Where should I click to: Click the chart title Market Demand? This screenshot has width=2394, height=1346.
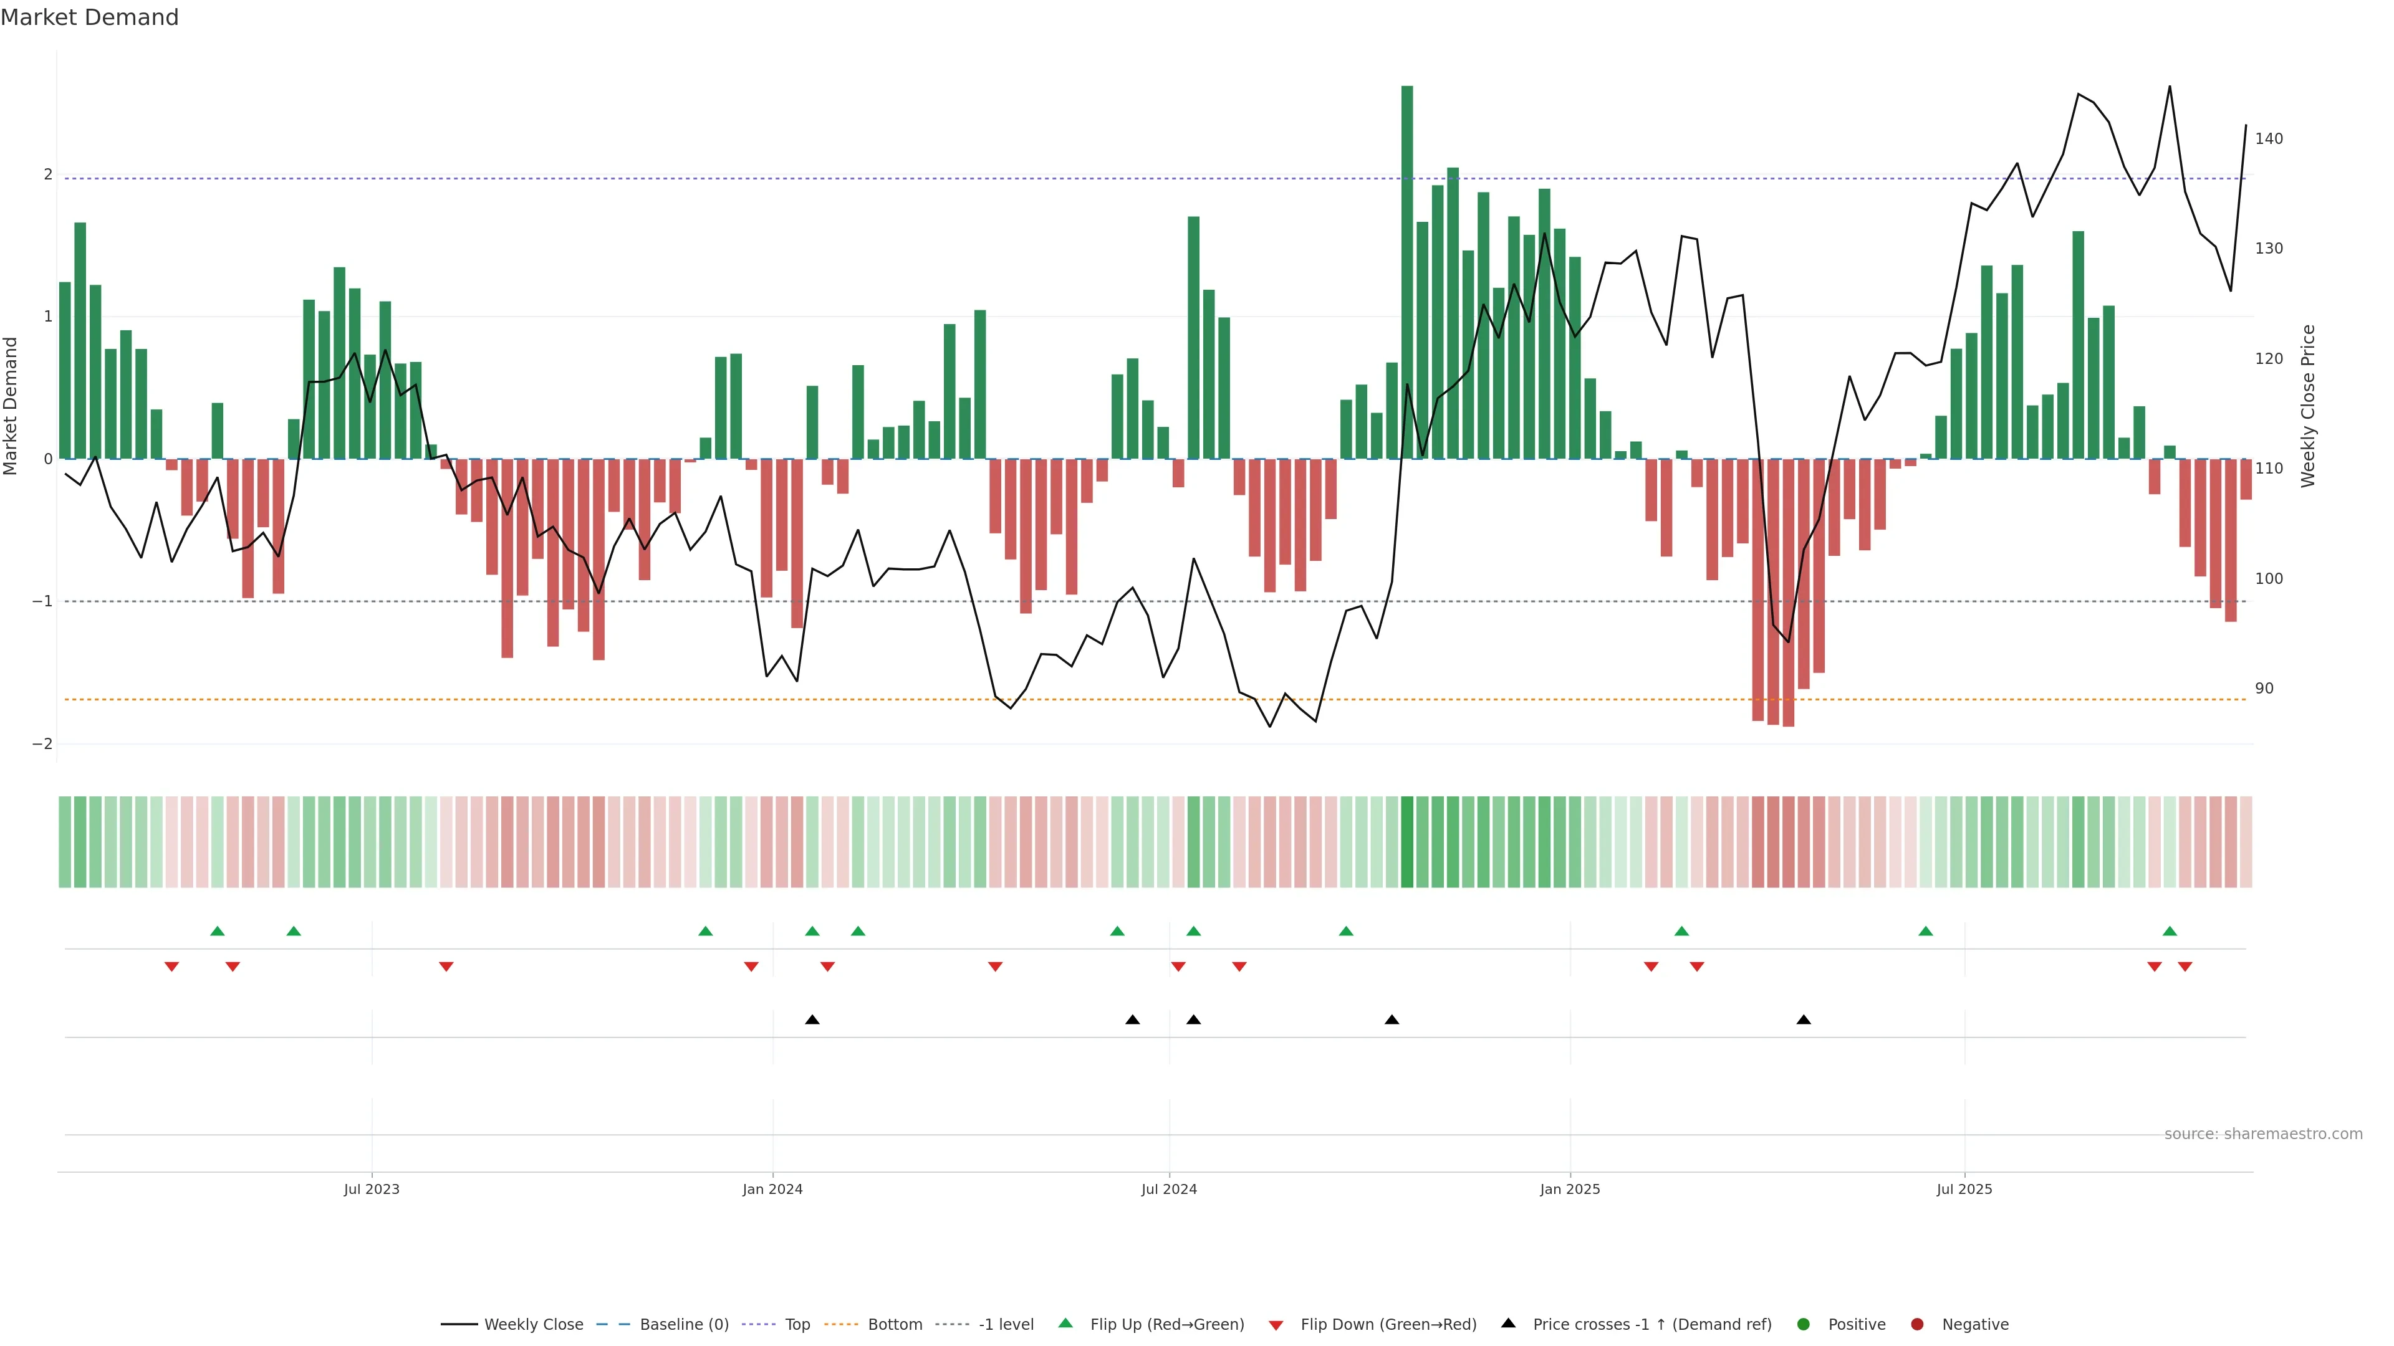89,17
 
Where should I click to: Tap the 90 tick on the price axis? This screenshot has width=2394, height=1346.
2264,689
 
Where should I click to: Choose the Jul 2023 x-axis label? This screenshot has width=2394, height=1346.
372,1189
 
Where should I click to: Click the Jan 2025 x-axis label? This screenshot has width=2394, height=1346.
1570,1189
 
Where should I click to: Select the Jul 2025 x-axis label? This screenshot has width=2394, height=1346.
1964,1189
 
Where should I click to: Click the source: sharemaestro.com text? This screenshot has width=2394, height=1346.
2263,1134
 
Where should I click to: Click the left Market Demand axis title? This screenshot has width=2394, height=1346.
11,406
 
